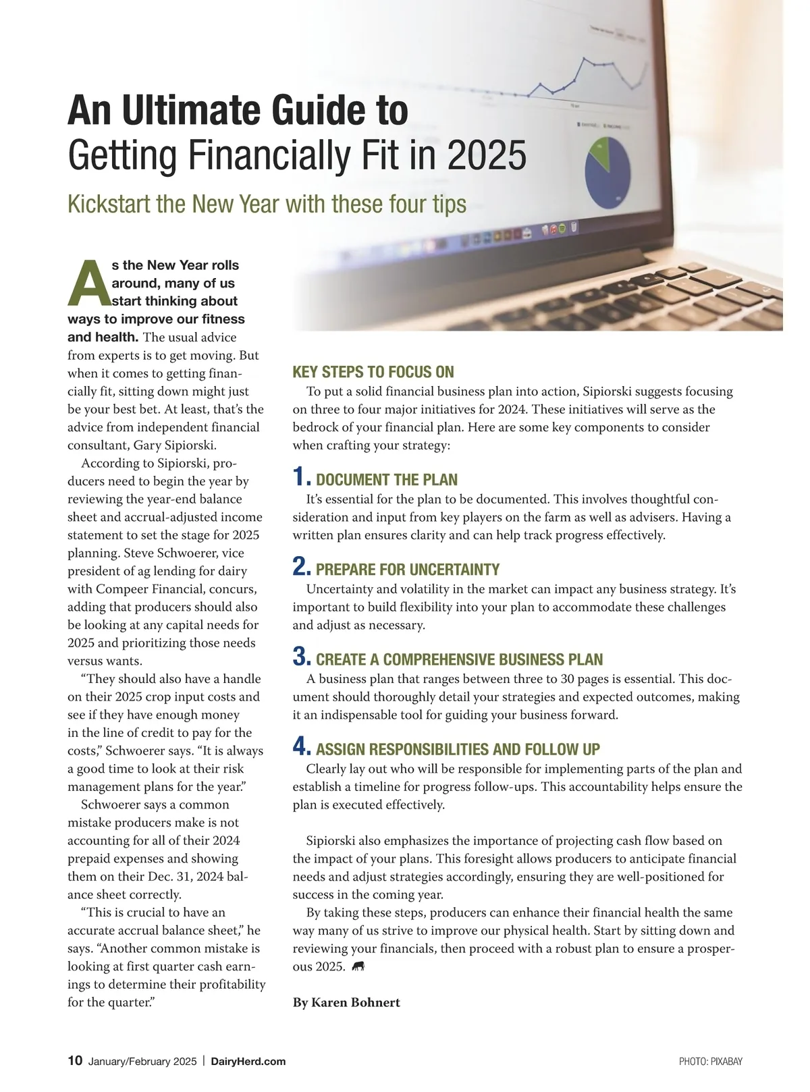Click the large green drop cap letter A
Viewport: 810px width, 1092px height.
pyautogui.click(x=88, y=284)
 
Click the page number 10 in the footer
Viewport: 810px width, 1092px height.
pyautogui.click(x=75, y=1060)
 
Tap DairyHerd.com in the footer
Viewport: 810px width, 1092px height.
pyautogui.click(x=248, y=1061)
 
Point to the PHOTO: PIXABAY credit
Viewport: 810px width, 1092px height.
pyautogui.click(x=710, y=1062)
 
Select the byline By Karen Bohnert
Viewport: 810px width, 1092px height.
pyautogui.click(x=346, y=1002)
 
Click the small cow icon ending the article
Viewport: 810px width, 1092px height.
pyautogui.click(x=358, y=966)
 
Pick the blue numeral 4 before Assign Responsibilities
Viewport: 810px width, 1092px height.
pyautogui.click(x=301, y=746)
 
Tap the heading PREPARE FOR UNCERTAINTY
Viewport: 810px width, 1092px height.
pyautogui.click(x=408, y=569)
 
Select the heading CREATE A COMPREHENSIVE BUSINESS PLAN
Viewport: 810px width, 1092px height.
pyautogui.click(x=459, y=659)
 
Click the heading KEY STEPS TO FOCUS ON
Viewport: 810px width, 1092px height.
pyautogui.click(x=373, y=372)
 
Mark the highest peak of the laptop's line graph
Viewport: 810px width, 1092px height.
pyautogui.click(x=584, y=59)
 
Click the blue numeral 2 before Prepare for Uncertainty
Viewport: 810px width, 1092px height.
pyautogui.click(x=301, y=567)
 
